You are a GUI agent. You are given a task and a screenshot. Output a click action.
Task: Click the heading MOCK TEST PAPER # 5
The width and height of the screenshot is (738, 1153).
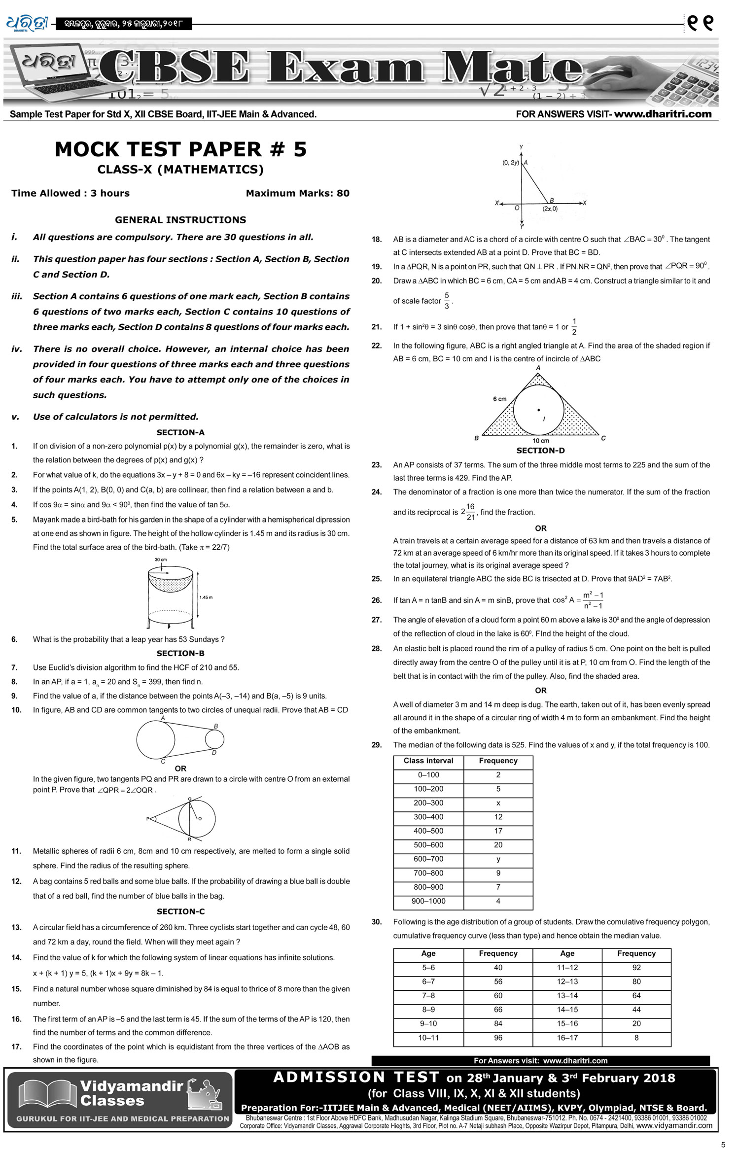(x=180, y=149)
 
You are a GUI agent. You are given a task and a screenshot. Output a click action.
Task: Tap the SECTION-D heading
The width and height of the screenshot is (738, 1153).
(x=540, y=451)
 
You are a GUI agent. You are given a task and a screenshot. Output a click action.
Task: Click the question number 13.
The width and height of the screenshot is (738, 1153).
(x=17, y=928)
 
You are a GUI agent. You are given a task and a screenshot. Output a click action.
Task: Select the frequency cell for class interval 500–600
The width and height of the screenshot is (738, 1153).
(x=498, y=845)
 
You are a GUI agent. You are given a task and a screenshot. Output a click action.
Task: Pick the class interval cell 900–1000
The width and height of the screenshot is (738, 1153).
(x=428, y=901)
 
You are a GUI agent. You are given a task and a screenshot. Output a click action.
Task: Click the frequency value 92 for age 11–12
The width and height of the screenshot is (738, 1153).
(x=636, y=968)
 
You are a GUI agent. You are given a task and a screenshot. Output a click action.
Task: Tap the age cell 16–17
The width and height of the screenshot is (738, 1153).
(x=567, y=1038)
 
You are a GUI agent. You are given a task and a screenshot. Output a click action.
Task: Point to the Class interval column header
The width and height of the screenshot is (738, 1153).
(x=428, y=761)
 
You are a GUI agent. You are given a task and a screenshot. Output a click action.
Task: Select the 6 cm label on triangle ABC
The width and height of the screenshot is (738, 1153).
(x=499, y=399)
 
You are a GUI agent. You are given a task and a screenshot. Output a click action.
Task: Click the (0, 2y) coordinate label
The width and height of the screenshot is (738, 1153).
(x=510, y=163)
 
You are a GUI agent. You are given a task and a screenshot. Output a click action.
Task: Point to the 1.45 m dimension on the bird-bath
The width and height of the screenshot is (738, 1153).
(x=206, y=597)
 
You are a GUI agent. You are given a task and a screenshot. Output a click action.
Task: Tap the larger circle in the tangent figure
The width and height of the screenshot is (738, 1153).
(x=156, y=739)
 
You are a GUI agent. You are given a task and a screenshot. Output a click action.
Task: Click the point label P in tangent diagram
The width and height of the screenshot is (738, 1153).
(x=147, y=819)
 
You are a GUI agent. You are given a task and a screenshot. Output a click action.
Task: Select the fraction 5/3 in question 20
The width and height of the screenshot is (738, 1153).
(x=447, y=301)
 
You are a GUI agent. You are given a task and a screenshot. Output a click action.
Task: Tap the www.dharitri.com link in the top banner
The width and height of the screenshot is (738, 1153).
(x=663, y=114)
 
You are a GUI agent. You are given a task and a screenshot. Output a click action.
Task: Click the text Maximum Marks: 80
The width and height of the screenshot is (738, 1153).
(x=297, y=193)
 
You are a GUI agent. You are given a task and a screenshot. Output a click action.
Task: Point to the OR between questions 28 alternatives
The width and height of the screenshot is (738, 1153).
(x=540, y=691)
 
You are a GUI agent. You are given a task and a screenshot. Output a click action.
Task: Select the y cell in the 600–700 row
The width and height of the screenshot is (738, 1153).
(x=498, y=859)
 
